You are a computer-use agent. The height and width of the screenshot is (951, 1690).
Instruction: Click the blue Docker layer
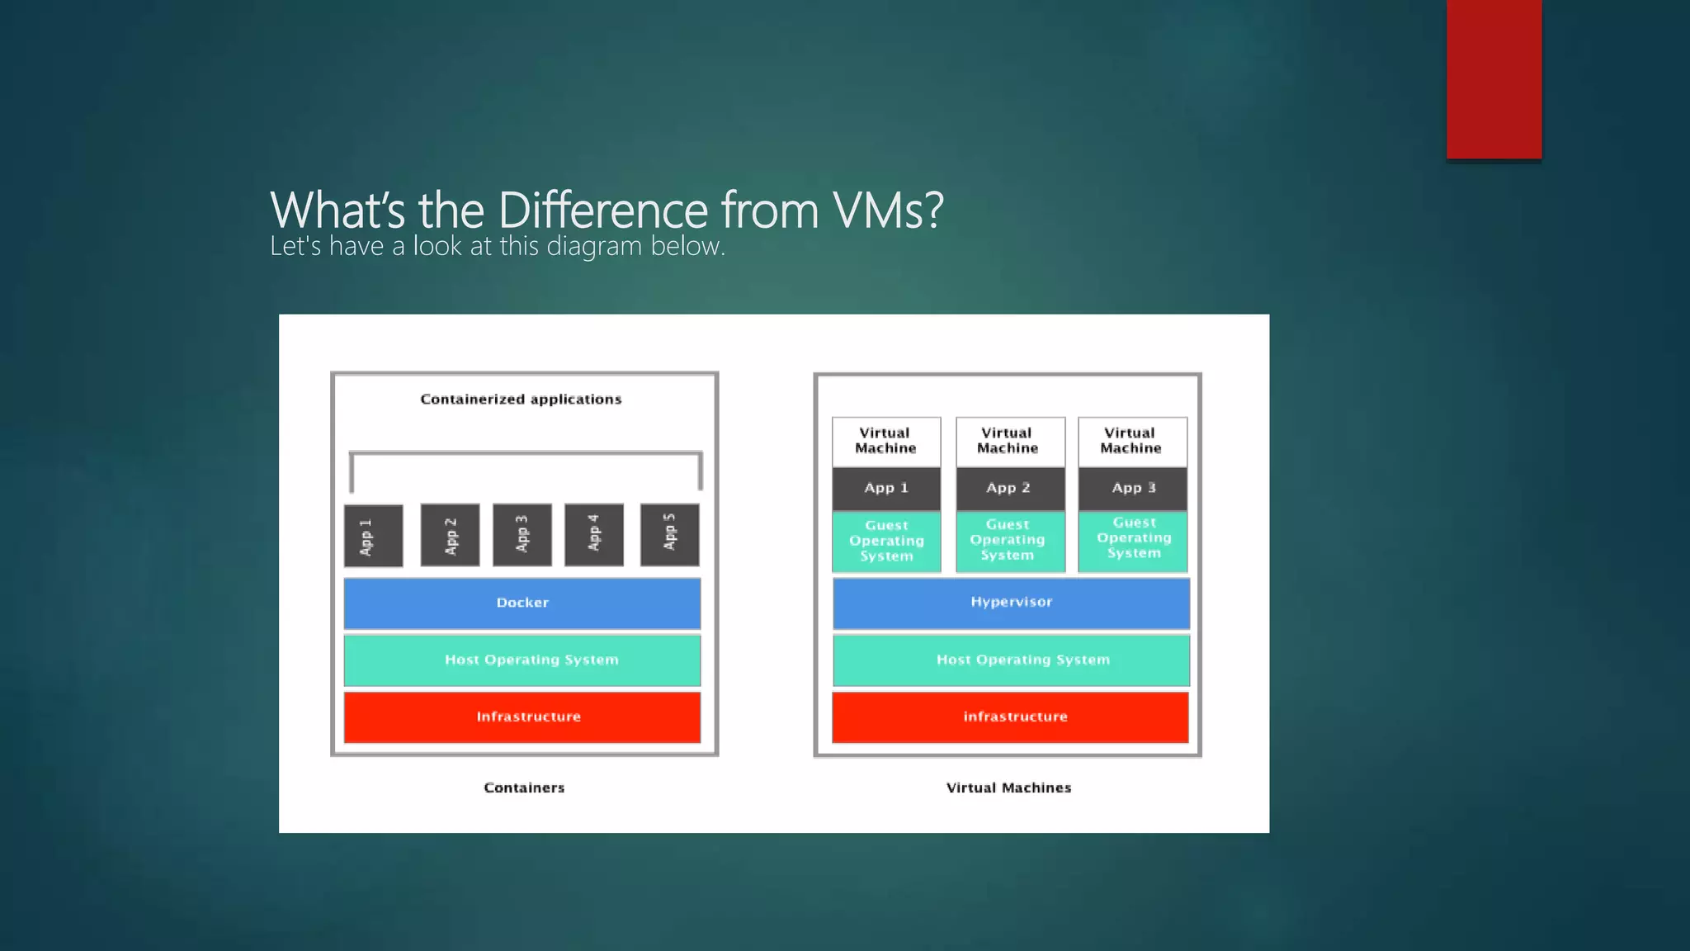click(522, 603)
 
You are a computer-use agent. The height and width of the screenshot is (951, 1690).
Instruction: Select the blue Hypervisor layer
click(1011, 603)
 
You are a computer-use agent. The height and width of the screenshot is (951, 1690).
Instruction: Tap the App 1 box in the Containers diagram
click(373, 536)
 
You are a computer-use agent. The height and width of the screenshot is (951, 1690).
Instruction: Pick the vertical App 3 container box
click(522, 535)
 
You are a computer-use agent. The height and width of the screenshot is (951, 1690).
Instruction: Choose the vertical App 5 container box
click(669, 534)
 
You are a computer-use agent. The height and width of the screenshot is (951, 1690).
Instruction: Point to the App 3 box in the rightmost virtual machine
click(1132, 488)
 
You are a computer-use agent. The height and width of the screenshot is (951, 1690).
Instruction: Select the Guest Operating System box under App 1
click(886, 541)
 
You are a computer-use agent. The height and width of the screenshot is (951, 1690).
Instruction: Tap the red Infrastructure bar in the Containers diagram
click(522, 717)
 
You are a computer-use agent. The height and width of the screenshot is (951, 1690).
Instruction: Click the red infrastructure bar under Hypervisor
click(1011, 717)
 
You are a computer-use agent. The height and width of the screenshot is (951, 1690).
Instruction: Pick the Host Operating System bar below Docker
click(522, 660)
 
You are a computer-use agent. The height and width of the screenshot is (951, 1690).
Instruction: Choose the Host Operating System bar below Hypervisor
click(1011, 660)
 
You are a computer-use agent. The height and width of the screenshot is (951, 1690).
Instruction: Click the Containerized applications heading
click(521, 400)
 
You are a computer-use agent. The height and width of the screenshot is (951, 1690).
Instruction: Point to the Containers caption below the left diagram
click(524, 788)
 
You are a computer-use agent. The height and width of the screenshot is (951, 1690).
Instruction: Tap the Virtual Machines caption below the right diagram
click(1008, 788)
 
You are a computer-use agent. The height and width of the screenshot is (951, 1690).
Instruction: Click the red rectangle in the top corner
click(1494, 79)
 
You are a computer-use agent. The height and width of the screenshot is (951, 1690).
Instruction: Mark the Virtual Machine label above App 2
click(1008, 441)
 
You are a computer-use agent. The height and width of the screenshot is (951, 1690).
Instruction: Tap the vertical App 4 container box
click(593, 534)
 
